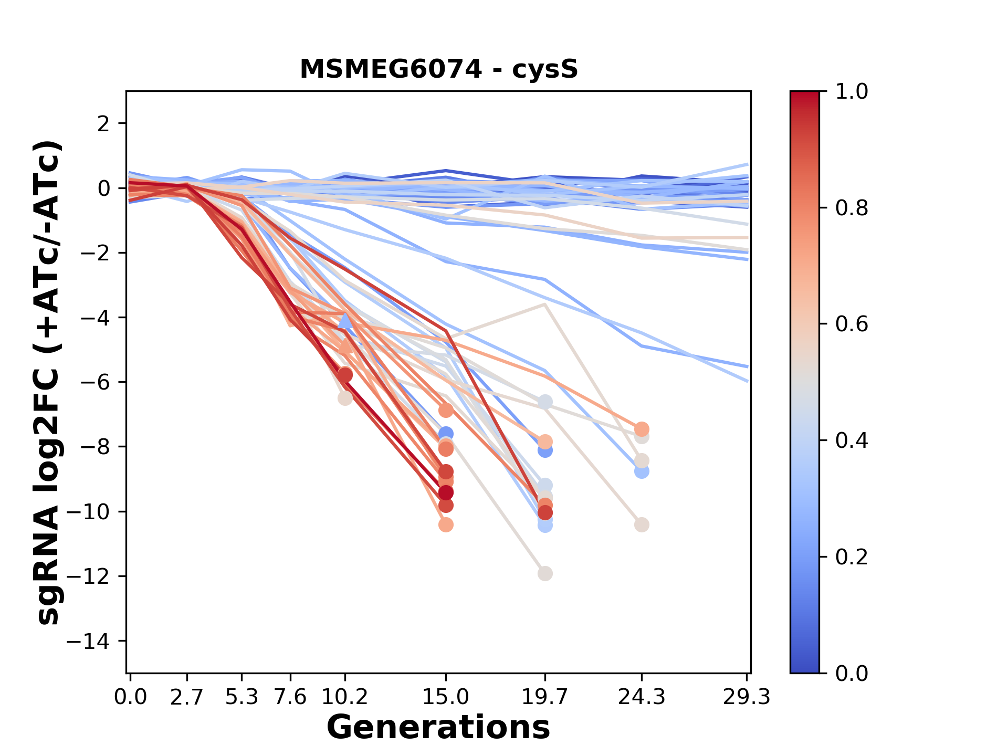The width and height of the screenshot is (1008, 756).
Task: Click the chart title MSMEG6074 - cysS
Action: tap(438, 69)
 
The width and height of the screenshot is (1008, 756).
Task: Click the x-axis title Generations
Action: tap(438, 728)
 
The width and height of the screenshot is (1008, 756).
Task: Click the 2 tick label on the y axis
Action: tap(103, 123)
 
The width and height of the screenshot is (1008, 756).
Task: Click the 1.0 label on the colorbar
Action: tap(852, 92)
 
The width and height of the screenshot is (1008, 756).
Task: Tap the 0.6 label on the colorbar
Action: tap(852, 324)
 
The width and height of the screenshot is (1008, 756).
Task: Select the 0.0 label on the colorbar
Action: tap(852, 673)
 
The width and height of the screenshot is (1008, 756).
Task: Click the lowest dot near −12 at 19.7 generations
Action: tap(545, 573)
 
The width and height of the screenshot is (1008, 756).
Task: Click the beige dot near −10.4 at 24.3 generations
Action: tap(642, 524)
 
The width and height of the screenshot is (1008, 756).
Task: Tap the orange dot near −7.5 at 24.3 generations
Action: tap(642, 428)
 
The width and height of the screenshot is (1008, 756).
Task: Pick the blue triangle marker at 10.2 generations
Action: tap(345, 321)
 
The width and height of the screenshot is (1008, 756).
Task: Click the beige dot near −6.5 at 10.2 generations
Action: tap(345, 398)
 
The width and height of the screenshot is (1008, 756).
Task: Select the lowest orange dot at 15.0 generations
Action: tap(446, 524)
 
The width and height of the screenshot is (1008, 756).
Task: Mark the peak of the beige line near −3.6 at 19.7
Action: tap(545, 304)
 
